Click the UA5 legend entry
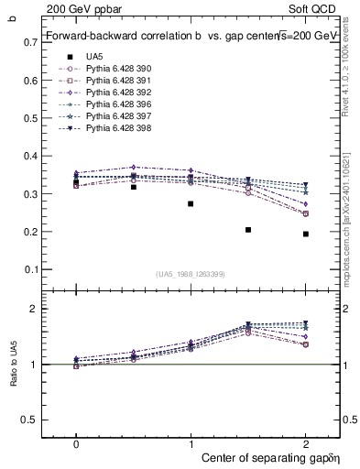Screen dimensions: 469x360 pyautogui.click(x=94, y=57)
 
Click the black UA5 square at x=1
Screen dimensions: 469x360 pyautogui.click(x=191, y=203)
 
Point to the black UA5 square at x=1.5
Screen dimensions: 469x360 pyautogui.click(x=248, y=230)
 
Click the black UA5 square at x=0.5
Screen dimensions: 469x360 pyautogui.click(x=134, y=187)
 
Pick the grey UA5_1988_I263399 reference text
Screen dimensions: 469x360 pyautogui.click(x=191, y=274)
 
